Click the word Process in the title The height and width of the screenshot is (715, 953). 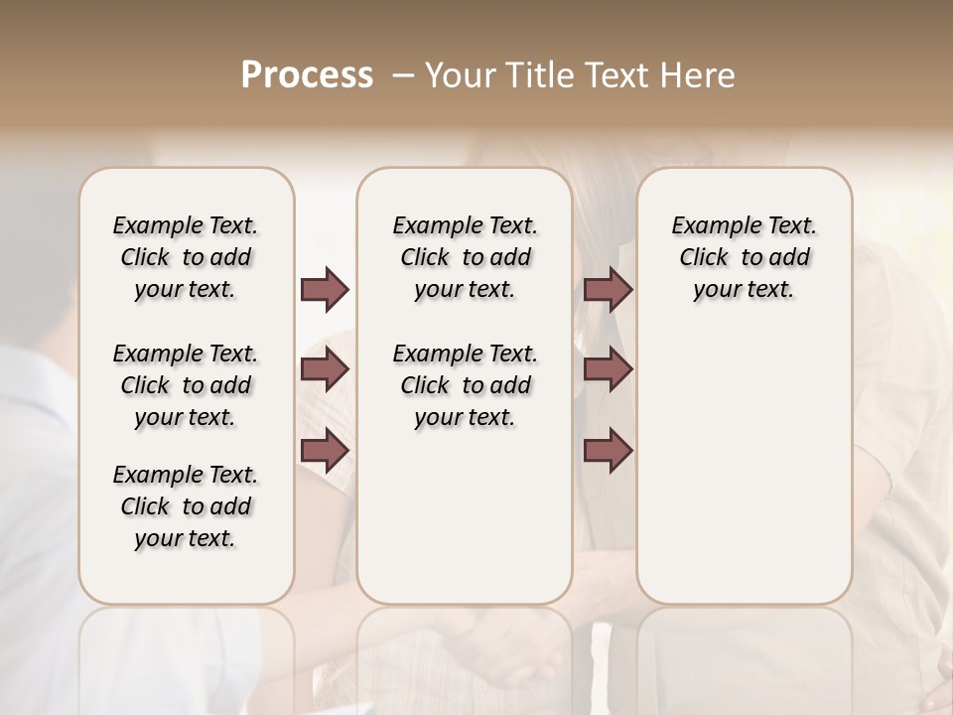coord(307,75)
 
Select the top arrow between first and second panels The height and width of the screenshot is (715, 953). coord(325,290)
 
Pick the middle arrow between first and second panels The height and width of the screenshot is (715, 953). coord(325,369)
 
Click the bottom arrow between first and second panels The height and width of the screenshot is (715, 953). coord(325,451)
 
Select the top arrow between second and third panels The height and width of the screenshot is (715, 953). coord(608,290)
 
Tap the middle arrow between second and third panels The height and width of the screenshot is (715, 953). coord(608,369)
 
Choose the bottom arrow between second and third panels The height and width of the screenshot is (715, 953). coord(608,451)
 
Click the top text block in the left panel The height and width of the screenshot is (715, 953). coord(186,257)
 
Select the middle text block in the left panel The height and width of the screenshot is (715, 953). coord(186,385)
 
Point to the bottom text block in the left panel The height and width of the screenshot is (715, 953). coord(186,506)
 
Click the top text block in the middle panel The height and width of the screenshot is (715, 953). coord(465,257)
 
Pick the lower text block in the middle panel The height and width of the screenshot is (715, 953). coord(465,385)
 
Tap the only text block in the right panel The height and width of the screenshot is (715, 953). coord(744,257)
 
